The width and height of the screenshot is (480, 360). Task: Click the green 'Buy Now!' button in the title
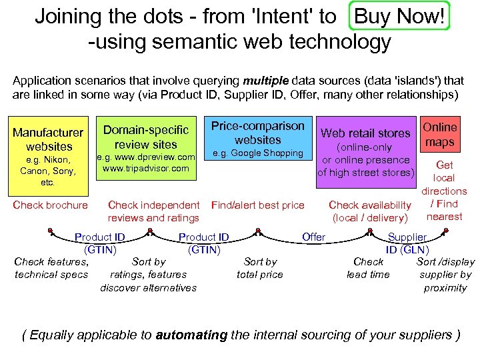[x=399, y=16]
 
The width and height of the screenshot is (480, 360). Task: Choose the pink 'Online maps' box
[x=440, y=134]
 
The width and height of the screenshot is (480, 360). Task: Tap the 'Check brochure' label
[x=51, y=205]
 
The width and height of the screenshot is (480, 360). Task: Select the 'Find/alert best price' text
[x=257, y=205]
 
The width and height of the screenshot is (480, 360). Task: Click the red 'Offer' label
[x=313, y=237]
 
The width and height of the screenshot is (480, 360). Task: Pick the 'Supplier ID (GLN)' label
[x=407, y=243]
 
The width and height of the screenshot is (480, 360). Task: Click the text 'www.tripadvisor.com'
[x=146, y=169]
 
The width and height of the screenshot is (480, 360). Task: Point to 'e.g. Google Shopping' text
[x=257, y=154]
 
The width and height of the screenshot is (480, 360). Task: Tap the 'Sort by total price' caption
[x=260, y=268]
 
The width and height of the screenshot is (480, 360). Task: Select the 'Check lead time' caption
[x=368, y=268]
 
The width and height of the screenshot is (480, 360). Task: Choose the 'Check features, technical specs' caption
[x=51, y=268]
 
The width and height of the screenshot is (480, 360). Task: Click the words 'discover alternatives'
[x=149, y=287]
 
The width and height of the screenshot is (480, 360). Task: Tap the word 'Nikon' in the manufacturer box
[x=59, y=160]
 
